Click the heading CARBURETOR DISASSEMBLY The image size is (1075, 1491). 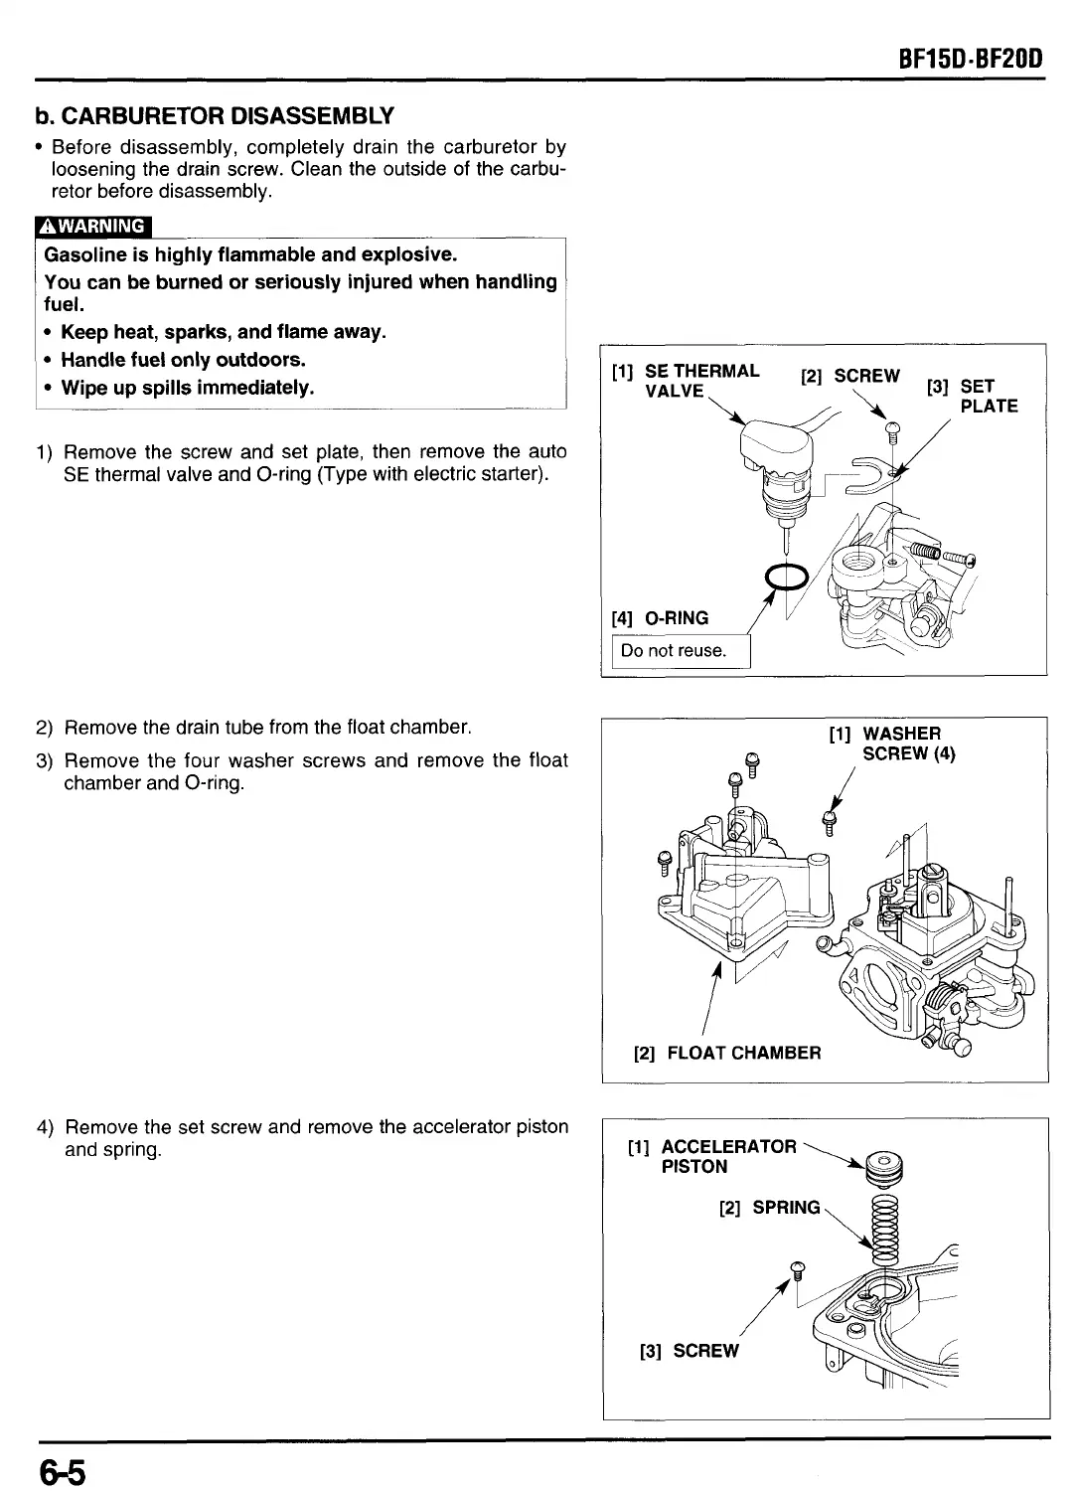[x=215, y=116]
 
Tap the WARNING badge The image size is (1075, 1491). [x=92, y=226]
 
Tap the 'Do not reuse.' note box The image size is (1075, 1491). [x=675, y=651]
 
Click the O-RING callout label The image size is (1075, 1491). [x=661, y=618]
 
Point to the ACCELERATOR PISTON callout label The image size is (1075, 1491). [x=727, y=1156]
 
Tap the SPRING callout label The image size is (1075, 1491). [x=770, y=1207]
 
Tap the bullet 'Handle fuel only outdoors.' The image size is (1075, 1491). [x=183, y=360]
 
